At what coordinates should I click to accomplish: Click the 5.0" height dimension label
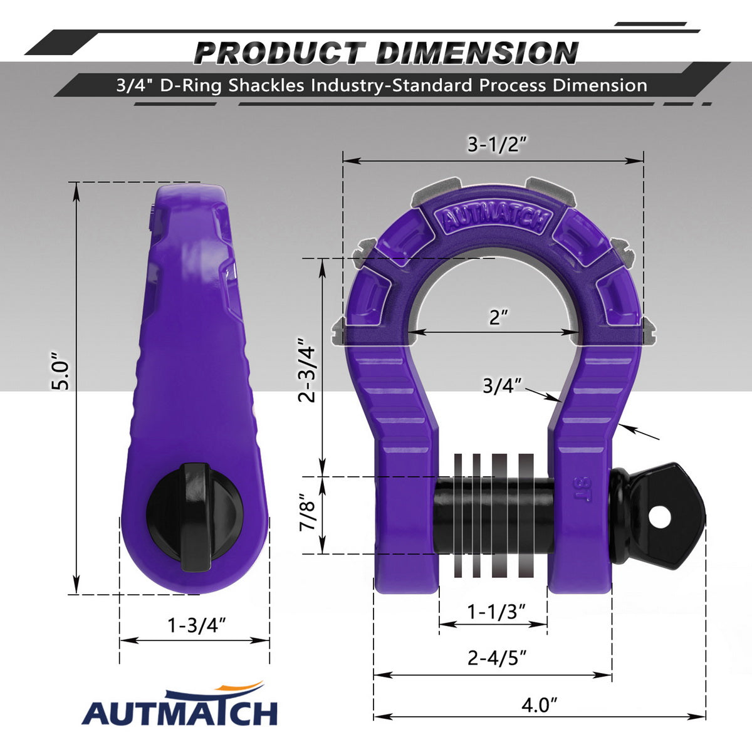(60, 371)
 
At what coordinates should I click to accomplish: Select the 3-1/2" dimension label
(497, 144)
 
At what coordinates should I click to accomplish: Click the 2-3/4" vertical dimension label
(306, 374)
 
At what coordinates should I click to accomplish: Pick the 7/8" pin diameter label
(307, 511)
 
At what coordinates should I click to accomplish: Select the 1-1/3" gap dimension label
(496, 611)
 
